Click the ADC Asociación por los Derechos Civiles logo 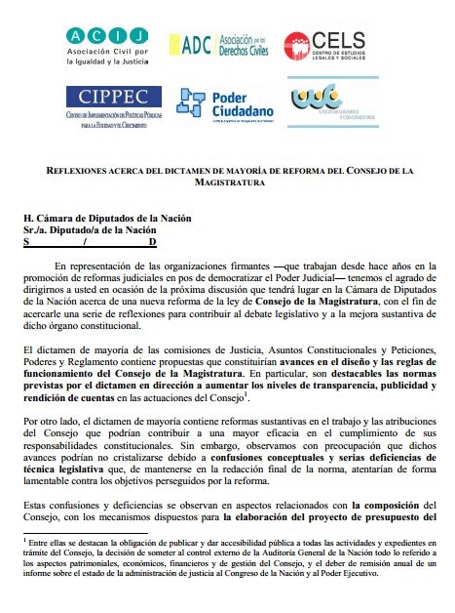pyautogui.click(x=225, y=43)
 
